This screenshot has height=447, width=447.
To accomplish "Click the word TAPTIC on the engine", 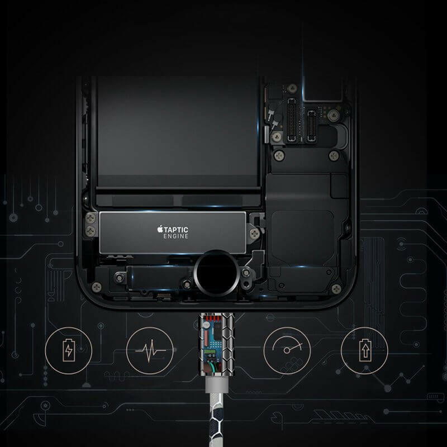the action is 176,230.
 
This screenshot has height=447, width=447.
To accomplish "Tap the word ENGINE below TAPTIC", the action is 176,236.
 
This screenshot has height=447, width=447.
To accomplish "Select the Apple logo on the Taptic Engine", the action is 160,229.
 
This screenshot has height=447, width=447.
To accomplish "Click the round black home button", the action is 216,273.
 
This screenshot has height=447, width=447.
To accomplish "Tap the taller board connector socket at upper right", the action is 292,120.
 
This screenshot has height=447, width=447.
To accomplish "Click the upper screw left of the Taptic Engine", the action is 91,218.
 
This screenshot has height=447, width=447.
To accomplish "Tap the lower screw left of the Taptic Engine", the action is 91,231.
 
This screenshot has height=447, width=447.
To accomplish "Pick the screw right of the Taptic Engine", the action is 254,234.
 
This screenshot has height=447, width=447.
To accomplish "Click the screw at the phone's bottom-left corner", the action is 97,287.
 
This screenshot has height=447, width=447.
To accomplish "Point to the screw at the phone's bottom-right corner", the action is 336,289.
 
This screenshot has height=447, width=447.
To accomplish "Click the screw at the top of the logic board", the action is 292,88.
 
